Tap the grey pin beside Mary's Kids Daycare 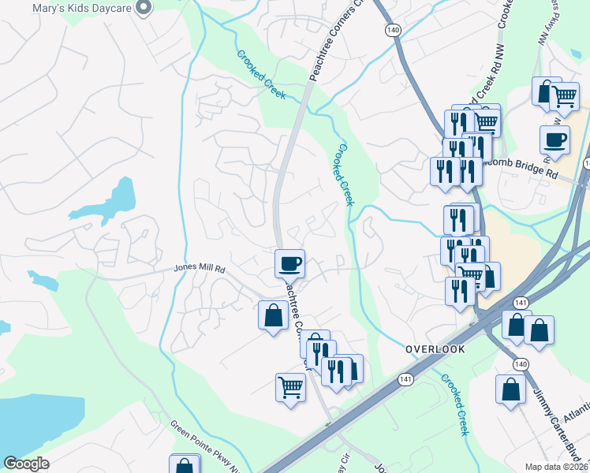point(143,8)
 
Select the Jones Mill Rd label point(200,270)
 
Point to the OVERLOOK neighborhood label point(435,348)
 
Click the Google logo point(26,464)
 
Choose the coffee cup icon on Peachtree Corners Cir point(289,262)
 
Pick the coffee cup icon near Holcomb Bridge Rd point(555,140)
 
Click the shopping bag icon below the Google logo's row point(185,465)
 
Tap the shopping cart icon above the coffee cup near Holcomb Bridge point(563,96)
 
